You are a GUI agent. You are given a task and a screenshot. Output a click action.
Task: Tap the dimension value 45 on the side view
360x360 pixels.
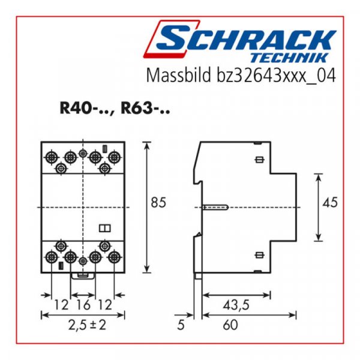[x=330, y=203]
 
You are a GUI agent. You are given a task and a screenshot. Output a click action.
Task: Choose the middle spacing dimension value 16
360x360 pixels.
[x=83, y=305]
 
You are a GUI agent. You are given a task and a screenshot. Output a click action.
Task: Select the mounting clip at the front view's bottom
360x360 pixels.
[x=83, y=275]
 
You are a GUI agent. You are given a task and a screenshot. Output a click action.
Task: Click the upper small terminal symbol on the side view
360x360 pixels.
[x=260, y=160]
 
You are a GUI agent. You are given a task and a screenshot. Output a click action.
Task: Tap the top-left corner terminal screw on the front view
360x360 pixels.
[x=51, y=157]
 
